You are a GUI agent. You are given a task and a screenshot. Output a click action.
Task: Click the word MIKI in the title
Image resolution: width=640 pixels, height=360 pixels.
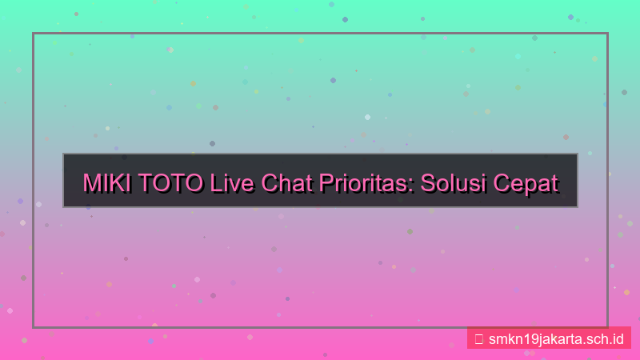(108, 182)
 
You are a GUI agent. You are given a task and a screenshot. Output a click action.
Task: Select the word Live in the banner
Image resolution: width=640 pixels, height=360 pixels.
(231, 182)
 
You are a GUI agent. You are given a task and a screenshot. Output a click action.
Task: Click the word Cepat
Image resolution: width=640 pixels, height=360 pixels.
(525, 183)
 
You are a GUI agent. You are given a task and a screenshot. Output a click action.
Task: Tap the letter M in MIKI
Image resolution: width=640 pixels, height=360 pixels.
(93, 182)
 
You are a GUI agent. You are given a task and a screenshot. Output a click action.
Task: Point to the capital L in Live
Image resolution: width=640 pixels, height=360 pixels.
(216, 182)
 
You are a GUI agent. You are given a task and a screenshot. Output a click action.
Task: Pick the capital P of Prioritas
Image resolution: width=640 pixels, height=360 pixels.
(326, 182)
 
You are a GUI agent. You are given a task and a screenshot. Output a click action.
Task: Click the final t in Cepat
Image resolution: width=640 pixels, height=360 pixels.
(554, 182)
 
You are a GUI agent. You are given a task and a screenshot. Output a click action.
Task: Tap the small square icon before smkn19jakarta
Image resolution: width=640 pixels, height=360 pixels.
(478, 338)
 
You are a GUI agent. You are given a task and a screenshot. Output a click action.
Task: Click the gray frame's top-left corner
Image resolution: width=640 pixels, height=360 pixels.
(34, 34)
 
